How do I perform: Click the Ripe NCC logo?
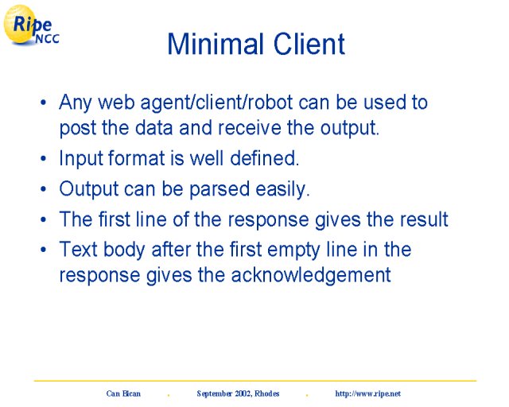click(x=31, y=25)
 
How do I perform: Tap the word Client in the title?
click(x=309, y=44)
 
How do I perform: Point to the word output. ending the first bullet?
click(x=350, y=129)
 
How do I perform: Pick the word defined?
click(x=265, y=158)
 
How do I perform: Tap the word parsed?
click(x=220, y=189)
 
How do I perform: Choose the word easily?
click(x=283, y=189)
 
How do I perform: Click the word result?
click(x=424, y=219)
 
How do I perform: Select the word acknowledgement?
click(x=311, y=276)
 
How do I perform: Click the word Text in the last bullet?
click(x=79, y=250)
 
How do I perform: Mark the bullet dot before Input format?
click(x=44, y=159)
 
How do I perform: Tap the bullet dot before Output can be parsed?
click(x=44, y=189)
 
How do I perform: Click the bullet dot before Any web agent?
click(x=44, y=103)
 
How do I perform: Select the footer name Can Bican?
click(x=123, y=393)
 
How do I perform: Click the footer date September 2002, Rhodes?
click(x=238, y=393)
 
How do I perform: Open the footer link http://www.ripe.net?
click(x=367, y=393)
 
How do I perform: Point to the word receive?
click(x=249, y=128)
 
